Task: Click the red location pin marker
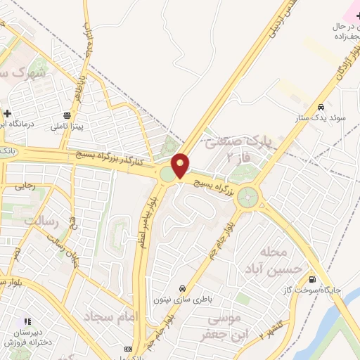point(181,165)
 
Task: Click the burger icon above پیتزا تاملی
point(67,115)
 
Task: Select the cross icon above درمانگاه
point(7,112)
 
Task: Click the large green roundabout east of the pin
point(247,198)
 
